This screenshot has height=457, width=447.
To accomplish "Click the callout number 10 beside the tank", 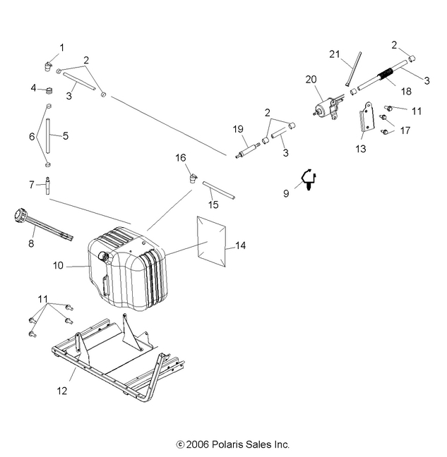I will click(57, 265).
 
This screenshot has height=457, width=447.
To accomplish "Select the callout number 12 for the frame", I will click(62, 390).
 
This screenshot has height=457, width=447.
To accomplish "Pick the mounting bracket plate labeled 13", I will click(365, 120).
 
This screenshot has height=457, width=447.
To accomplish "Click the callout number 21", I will click(335, 54).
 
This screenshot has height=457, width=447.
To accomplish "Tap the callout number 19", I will click(237, 128).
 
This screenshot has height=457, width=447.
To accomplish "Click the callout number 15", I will click(213, 205).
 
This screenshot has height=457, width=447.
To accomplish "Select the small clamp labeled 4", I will click(50, 91).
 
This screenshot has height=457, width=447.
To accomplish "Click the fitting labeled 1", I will click(49, 67).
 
